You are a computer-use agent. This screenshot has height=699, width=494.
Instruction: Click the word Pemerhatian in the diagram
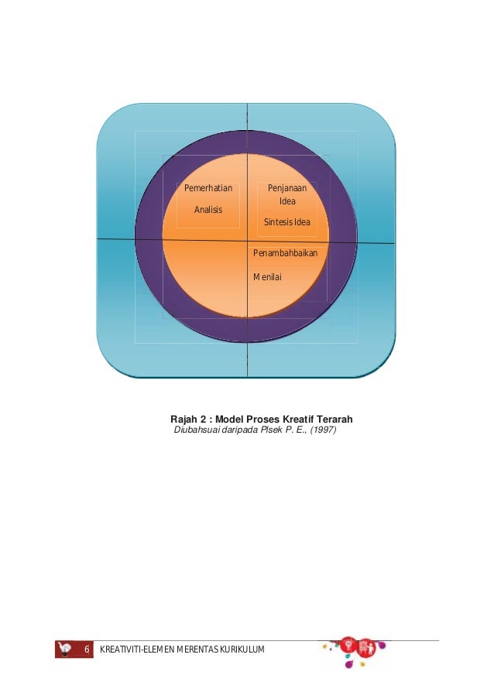pos(208,188)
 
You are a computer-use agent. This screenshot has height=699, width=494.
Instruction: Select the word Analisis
pos(208,210)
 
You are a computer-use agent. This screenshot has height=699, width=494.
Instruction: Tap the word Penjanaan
pos(287,188)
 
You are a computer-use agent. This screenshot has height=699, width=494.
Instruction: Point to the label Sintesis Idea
pos(287,222)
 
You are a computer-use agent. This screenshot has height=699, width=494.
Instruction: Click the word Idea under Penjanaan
pos(287,201)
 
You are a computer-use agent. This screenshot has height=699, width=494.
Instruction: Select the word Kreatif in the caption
pos(293,419)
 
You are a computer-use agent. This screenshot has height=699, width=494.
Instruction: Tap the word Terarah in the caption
pos(334,419)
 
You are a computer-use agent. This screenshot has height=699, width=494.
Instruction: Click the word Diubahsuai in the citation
pos(197,430)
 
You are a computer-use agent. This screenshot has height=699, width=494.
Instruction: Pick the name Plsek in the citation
pos(276,430)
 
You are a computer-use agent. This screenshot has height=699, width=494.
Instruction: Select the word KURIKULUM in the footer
pos(240,649)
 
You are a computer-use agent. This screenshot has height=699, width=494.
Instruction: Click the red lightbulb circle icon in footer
pos(348,645)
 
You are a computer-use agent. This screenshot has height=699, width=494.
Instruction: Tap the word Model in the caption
pos(230,419)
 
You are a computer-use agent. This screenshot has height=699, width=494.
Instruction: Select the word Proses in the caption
pos(261,419)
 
